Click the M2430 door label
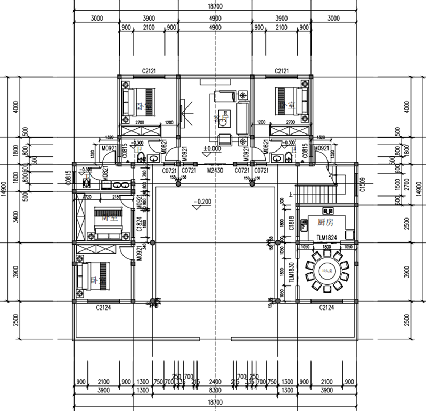pos(214,171)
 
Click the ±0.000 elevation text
pos(213,149)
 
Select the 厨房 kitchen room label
pos(325,222)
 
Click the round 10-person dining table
pos(325,272)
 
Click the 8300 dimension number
pos(214,391)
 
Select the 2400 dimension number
pos(214,382)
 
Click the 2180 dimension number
pos(117,197)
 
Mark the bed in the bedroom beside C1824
pos(110,220)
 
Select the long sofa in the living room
pos(242,118)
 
